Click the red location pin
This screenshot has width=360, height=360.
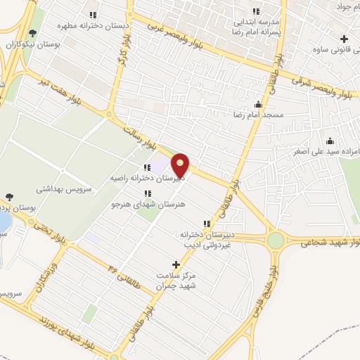181,165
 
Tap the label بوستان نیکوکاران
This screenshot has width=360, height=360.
31,44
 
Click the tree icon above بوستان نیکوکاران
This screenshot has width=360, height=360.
31,32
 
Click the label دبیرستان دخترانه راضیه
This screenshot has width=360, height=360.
147,179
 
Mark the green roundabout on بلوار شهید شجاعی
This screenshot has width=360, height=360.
276,241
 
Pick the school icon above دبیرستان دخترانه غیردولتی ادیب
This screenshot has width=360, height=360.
206,223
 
